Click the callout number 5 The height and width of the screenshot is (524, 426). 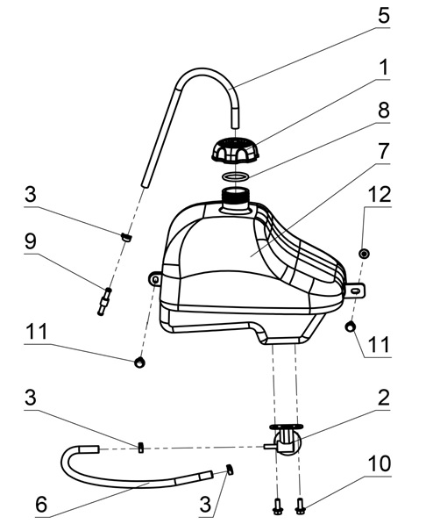pyautogui.click(x=384, y=15)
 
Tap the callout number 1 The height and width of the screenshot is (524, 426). pyautogui.click(x=385, y=67)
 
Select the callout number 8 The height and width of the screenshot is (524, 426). pyautogui.click(x=384, y=110)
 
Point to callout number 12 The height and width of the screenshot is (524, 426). pyautogui.click(x=380, y=194)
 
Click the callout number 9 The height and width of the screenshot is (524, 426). pyautogui.click(x=31, y=241)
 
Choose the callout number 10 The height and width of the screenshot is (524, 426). pyautogui.click(x=380, y=463)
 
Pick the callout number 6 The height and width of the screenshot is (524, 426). pyautogui.click(x=41, y=504)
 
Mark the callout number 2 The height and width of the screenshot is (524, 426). pyautogui.click(x=384, y=397)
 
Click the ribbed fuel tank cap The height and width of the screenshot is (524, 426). pyautogui.click(x=236, y=151)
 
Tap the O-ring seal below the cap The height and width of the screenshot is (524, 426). pyautogui.click(x=236, y=177)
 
